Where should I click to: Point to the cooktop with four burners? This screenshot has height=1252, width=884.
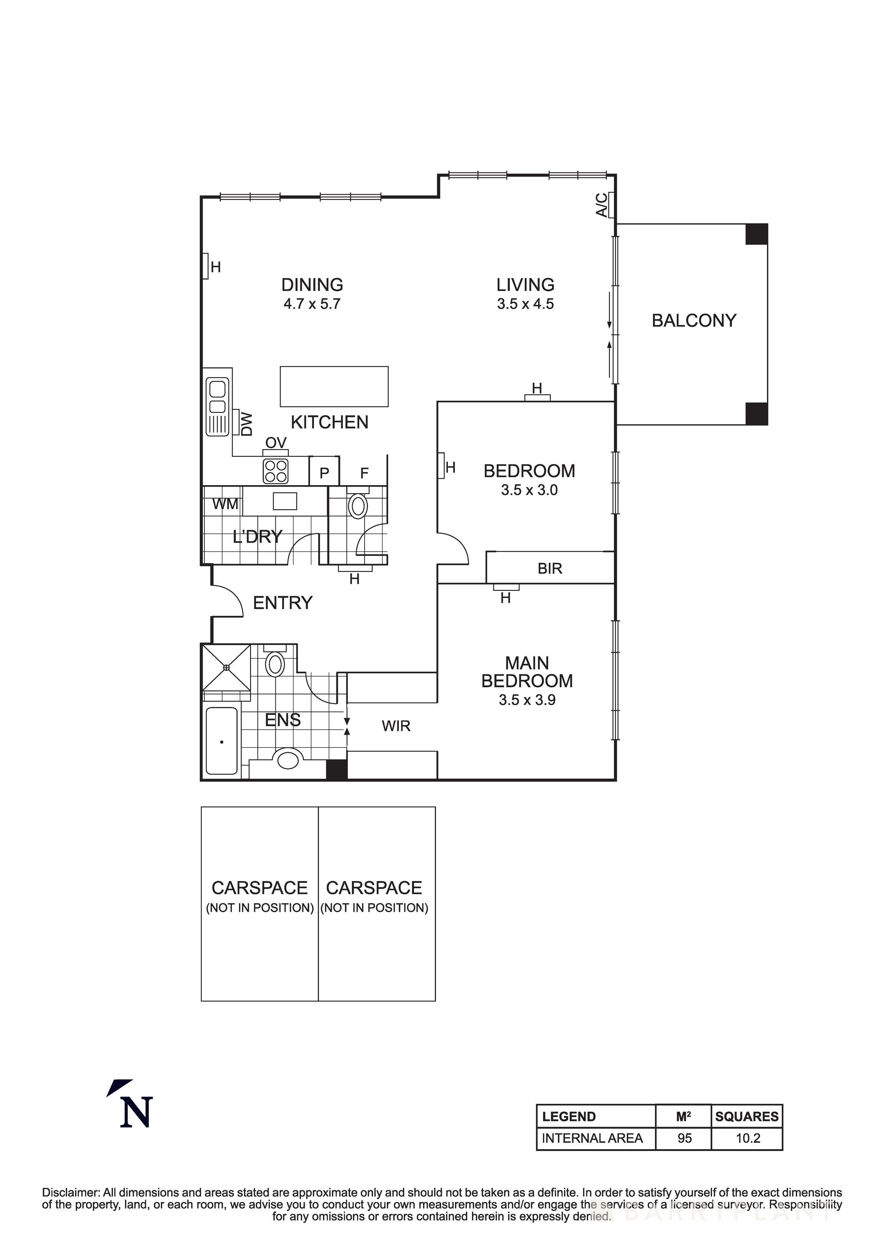pyautogui.click(x=275, y=471)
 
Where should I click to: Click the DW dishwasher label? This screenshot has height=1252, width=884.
pyautogui.click(x=247, y=424)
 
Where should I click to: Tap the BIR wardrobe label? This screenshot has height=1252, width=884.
pyautogui.click(x=549, y=568)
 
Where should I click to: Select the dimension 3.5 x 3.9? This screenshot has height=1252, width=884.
pyautogui.click(x=527, y=700)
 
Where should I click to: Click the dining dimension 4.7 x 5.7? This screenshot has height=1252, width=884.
pyautogui.click(x=312, y=304)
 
